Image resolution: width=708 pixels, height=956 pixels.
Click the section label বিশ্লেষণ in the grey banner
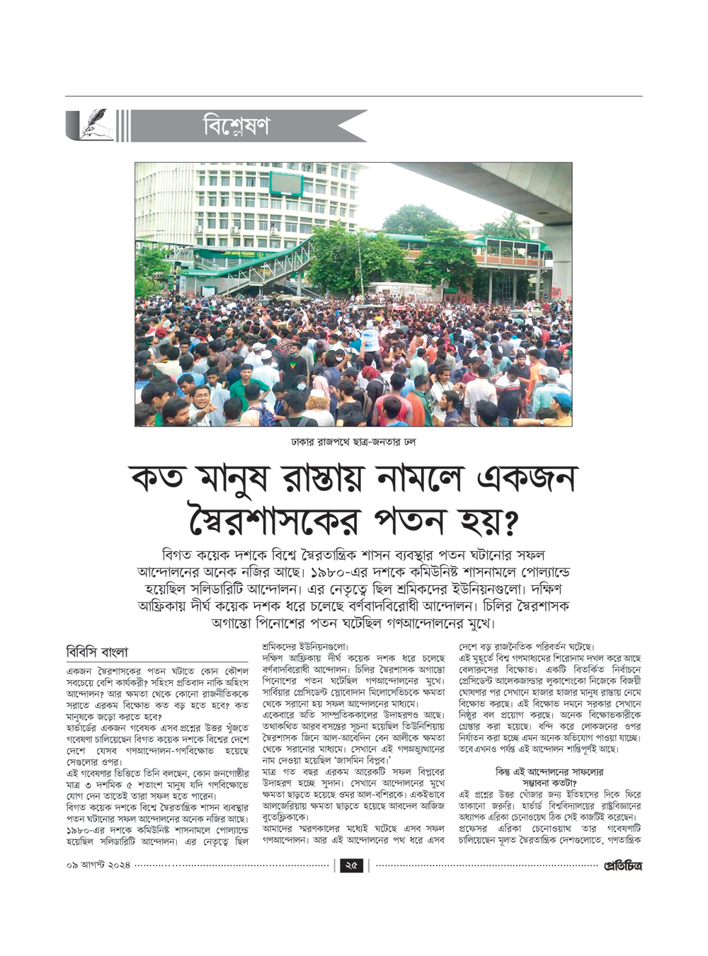[236, 127]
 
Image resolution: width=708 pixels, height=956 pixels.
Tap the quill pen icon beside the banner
[92, 125]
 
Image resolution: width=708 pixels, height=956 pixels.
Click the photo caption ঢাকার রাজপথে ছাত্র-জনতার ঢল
[353, 442]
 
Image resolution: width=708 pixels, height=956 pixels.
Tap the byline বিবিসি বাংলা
[98, 652]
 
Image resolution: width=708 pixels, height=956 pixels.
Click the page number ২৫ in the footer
[351, 865]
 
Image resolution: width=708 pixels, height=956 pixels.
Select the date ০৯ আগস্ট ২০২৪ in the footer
[98, 865]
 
